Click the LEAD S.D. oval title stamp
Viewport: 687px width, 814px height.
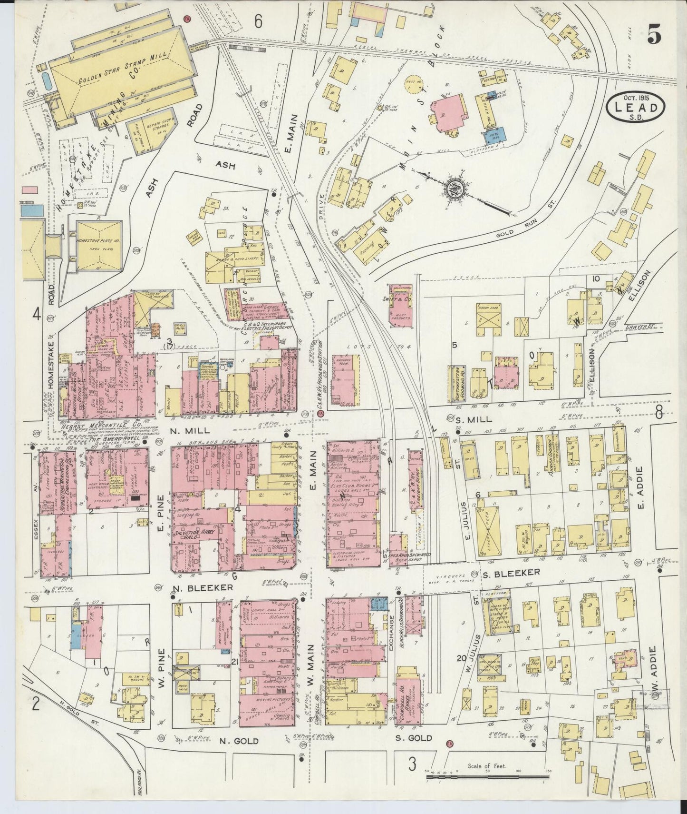click(636, 110)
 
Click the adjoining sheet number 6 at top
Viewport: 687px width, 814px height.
click(258, 21)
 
